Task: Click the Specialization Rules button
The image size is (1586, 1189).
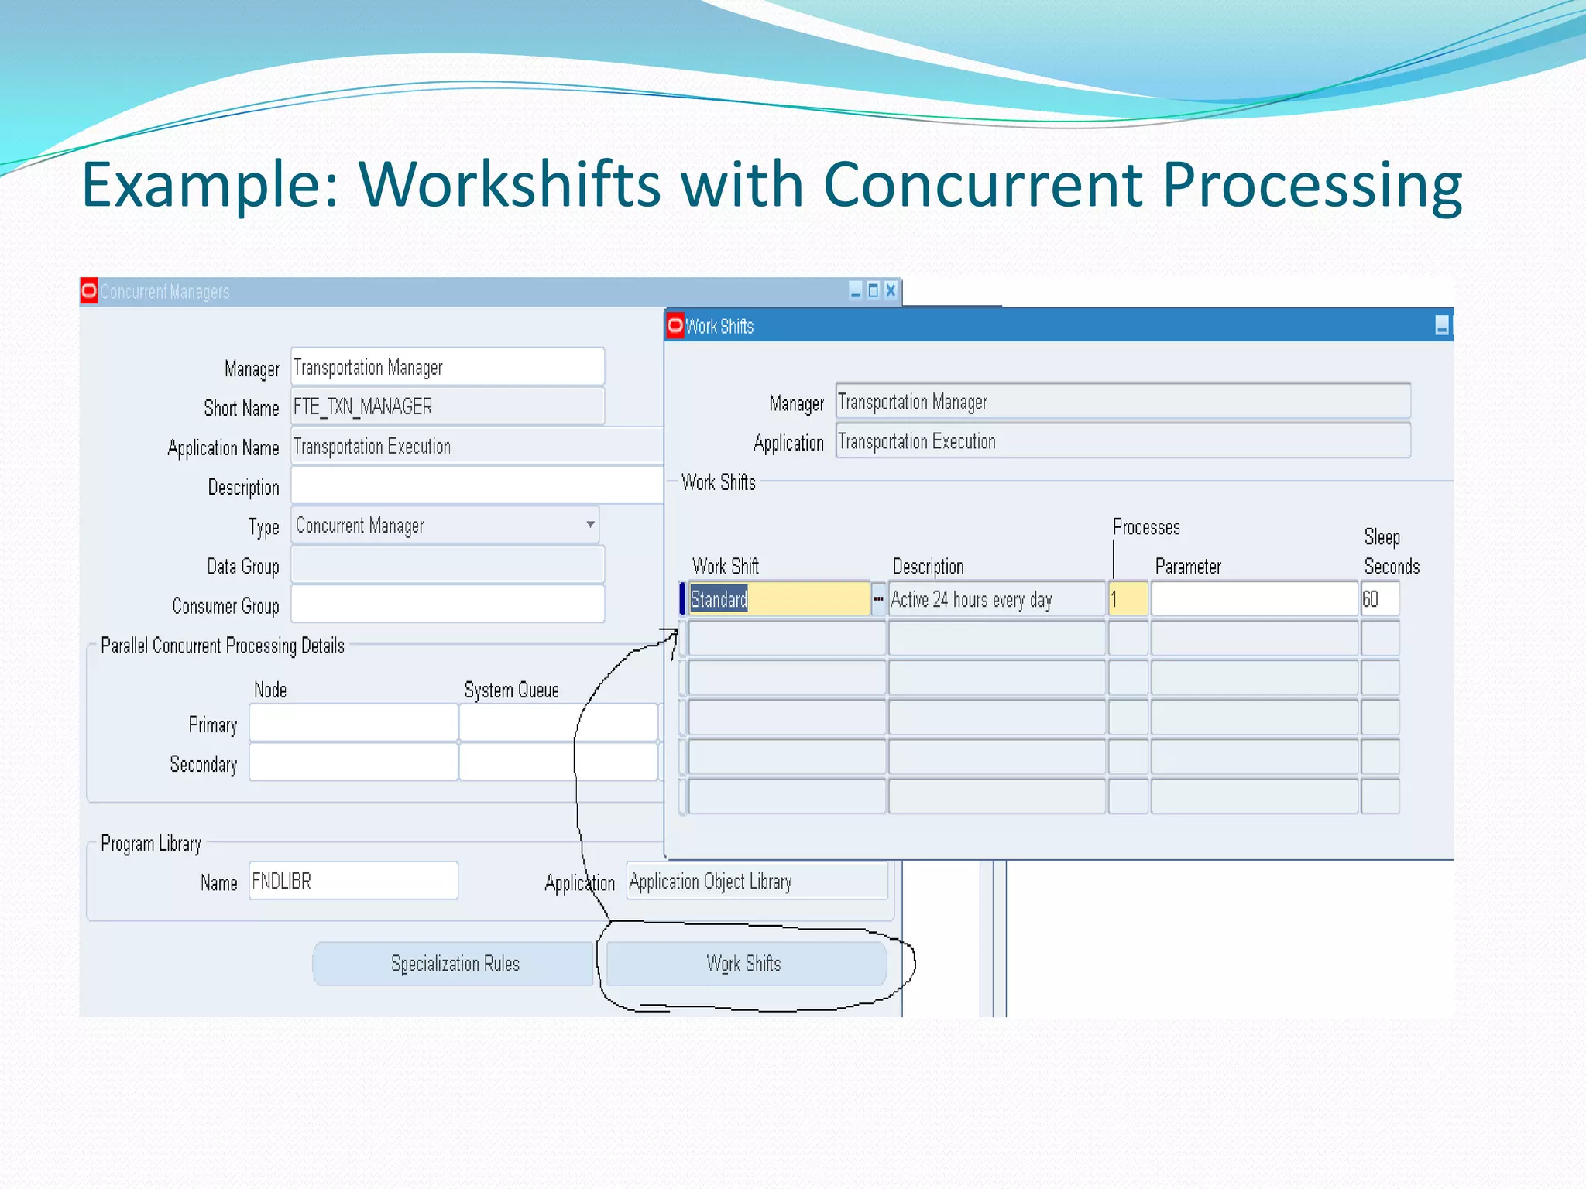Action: point(454,964)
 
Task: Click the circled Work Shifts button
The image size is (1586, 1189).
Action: point(745,964)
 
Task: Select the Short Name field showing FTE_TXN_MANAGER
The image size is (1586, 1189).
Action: point(447,406)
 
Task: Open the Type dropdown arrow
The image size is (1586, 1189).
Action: point(590,525)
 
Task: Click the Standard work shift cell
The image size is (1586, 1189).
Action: point(778,599)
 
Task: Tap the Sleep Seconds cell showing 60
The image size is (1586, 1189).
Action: point(1379,599)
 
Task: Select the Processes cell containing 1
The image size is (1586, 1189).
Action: point(1128,599)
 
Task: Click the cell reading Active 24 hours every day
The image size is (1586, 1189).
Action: point(996,599)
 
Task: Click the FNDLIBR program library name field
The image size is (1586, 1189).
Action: point(353,881)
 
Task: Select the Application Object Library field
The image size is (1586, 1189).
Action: point(757,881)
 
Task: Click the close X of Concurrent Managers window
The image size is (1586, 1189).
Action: point(891,290)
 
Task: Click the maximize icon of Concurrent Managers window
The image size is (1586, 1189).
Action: point(873,290)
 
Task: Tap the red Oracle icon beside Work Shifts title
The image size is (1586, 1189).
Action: point(675,325)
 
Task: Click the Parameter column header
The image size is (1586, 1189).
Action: point(1187,567)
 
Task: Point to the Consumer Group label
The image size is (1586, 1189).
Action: point(225,606)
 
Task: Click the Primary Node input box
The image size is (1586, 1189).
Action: point(353,723)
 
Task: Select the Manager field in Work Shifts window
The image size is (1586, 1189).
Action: point(1122,402)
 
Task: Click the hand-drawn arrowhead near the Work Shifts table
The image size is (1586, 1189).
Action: point(671,636)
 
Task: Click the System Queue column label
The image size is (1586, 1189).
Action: point(511,690)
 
